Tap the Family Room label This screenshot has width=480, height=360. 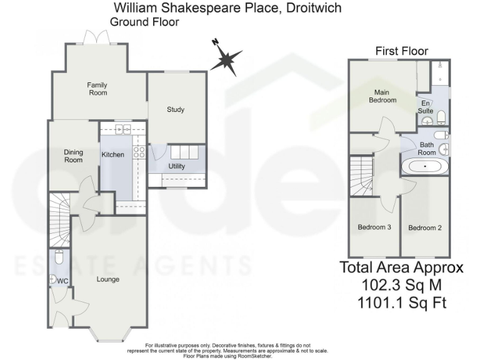[x=97, y=89]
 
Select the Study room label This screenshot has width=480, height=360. [x=176, y=110]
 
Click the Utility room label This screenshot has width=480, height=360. [x=176, y=166]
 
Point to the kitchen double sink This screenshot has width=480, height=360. [x=122, y=129]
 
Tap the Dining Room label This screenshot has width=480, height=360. [x=74, y=156]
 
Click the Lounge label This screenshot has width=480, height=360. [x=107, y=279]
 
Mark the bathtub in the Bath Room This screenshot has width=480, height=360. [x=425, y=167]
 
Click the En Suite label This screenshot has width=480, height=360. [x=426, y=107]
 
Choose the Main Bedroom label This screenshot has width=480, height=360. [x=382, y=96]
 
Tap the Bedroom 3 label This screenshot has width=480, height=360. [x=374, y=227]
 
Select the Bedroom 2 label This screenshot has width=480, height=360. [x=425, y=227]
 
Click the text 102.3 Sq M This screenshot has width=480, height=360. [x=401, y=286]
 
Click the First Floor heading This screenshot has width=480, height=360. [x=401, y=51]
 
